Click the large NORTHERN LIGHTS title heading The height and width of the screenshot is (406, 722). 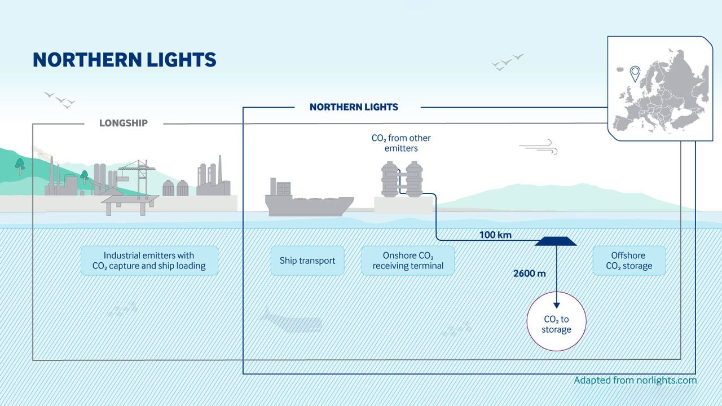point(125,60)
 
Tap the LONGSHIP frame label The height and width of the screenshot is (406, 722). point(124,123)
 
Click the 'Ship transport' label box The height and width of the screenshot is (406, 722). point(307,261)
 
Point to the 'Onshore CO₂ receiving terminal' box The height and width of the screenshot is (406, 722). point(408,261)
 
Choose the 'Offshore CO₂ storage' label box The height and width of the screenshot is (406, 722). point(629,261)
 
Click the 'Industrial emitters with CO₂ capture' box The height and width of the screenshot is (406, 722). point(149,261)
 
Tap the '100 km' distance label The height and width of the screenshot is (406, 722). point(495,235)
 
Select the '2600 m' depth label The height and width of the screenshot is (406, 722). point(529,273)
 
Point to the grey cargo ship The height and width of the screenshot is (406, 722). point(307,200)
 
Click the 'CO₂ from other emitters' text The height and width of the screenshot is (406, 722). point(401,143)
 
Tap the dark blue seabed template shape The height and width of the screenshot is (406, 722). point(556,241)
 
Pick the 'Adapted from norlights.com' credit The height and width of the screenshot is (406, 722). point(635,380)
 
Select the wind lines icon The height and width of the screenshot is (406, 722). point(539,148)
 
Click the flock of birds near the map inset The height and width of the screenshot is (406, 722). point(507,61)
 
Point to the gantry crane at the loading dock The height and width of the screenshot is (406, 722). point(134,175)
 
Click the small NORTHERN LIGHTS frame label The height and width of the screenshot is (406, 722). point(354,107)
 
